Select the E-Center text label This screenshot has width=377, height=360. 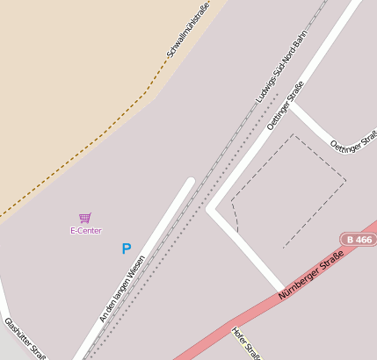tap(86, 231)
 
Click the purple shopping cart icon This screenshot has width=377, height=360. tap(85, 218)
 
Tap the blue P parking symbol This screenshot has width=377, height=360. tap(127, 249)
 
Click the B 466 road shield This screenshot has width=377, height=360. tap(358, 239)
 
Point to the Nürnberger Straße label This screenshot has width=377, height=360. tap(308, 279)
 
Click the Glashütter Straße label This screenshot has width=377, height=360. tap(25, 340)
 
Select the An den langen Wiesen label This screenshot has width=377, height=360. tap(121, 289)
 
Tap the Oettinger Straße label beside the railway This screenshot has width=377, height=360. tap(285, 106)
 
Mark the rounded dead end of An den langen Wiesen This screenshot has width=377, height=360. tap(190, 182)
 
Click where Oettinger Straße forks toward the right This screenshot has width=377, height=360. tap(292, 104)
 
